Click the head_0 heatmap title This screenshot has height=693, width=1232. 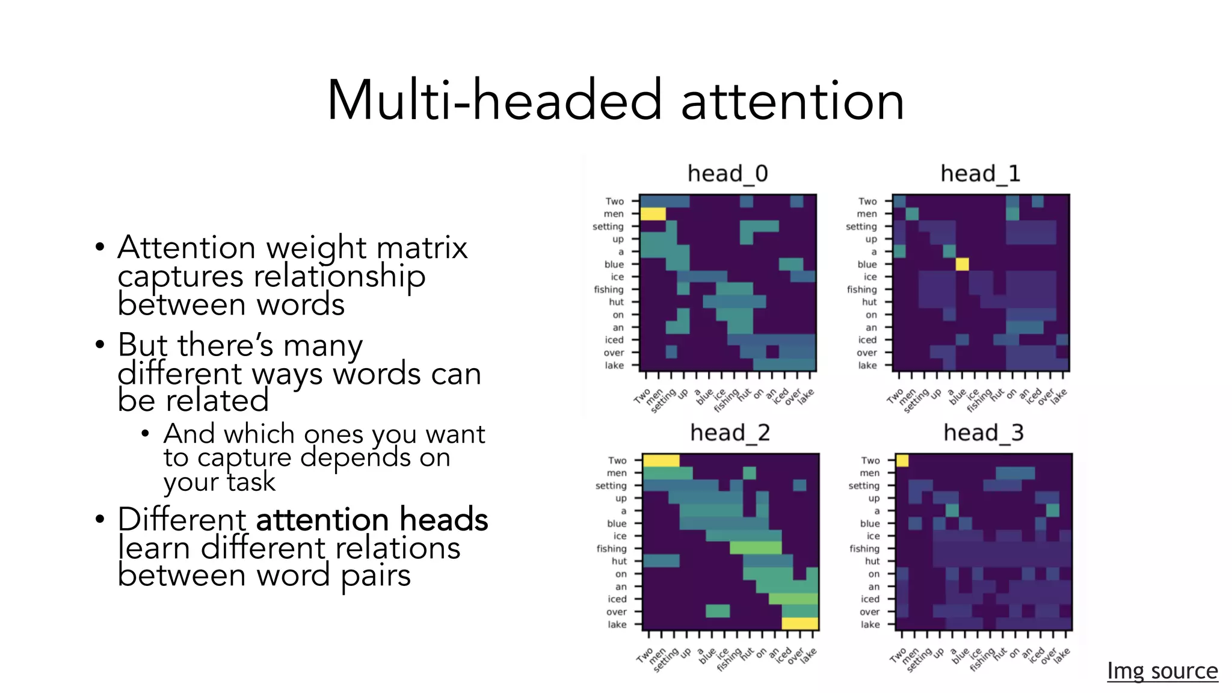click(727, 174)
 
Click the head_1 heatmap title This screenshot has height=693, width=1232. click(980, 174)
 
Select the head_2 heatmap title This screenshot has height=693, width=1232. click(730, 433)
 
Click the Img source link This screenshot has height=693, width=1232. click(1162, 670)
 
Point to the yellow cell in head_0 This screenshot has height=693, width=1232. click(653, 214)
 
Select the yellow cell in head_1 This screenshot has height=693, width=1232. click(962, 264)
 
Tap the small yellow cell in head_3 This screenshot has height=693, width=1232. click(902, 461)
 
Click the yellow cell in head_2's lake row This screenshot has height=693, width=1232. click(799, 624)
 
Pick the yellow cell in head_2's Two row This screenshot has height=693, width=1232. click(661, 461)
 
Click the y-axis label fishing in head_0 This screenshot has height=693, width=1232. click(608, 289)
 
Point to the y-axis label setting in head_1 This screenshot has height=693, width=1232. click(861, 227)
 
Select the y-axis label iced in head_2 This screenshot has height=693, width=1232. click(617, 599)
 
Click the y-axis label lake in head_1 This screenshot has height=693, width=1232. click(867, 365)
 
